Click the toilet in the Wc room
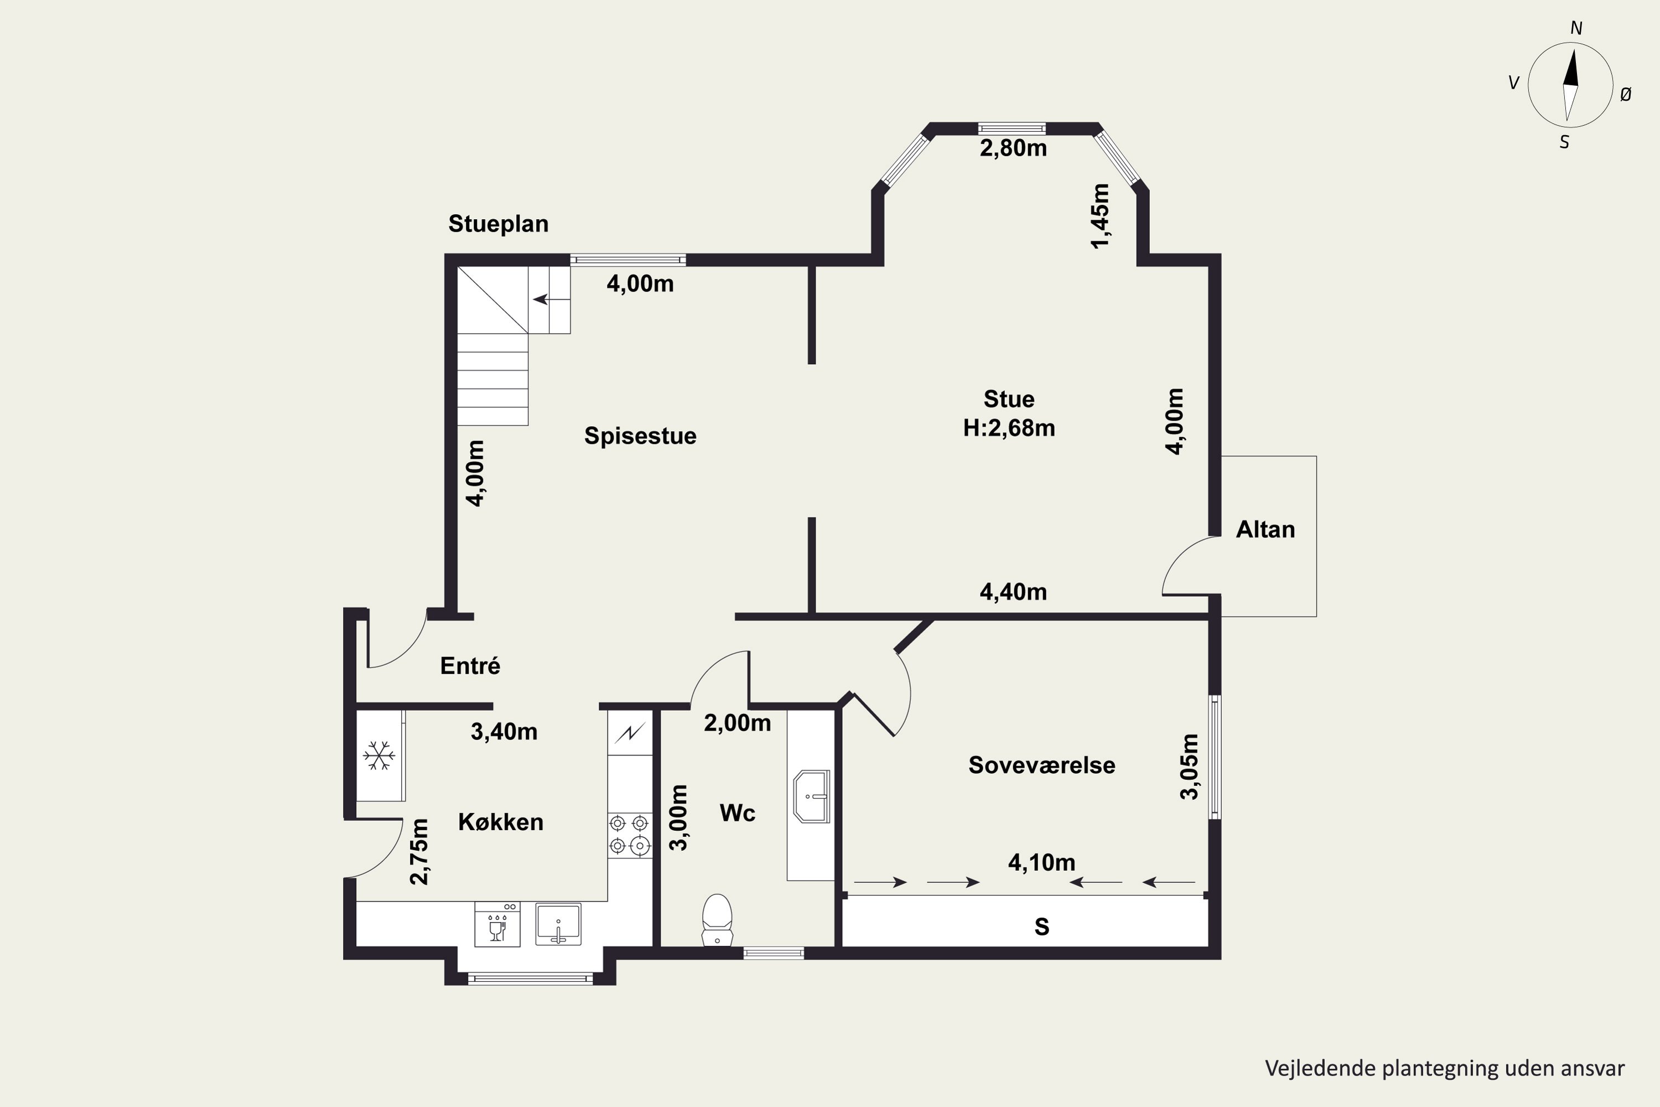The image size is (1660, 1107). click(x=717, y=919)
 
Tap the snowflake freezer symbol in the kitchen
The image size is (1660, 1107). click(x=379, y=756)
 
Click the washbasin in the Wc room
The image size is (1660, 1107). click(x=812, y=797)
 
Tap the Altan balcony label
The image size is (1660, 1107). click(x=1265, y=530)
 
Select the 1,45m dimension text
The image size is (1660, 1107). click(x=1101, y=216)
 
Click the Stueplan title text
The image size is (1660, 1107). click(x=499, y=224)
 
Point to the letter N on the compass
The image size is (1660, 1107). click(x=1576, y=28)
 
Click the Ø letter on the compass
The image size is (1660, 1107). click(x=1626, y=94)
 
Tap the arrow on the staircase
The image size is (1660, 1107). click(x=541, y=299)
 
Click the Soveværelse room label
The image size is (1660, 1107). click(x=1042, y=765)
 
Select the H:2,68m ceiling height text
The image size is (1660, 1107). click(x=1009, y=428)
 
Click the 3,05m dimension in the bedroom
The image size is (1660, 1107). click(x=1190, y=767)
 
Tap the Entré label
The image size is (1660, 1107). click(x=470, y=665)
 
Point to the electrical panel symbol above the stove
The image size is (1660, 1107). click(x=630, y=733)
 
